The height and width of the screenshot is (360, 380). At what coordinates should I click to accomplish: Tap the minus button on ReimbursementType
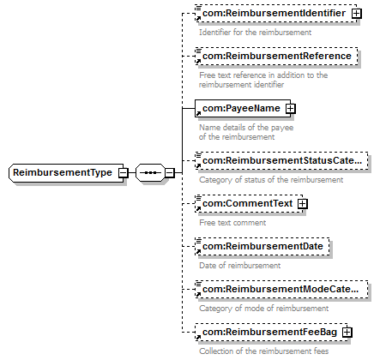point(124,172)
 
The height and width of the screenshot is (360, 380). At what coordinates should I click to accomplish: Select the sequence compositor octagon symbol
point(150,172)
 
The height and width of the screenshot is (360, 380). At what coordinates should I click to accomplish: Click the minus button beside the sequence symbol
point(170,172)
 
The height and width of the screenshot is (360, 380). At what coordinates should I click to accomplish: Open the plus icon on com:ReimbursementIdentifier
point(356,14)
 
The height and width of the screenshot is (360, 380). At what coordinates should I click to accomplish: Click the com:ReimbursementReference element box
point(276,56)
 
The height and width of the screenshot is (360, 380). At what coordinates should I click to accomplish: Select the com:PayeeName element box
point(243,108)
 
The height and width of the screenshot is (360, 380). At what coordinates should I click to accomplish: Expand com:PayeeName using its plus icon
point(290,109)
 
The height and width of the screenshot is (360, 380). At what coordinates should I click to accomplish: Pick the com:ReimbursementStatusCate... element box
point(281,160)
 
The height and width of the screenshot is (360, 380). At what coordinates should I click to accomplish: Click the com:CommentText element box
point(249,203)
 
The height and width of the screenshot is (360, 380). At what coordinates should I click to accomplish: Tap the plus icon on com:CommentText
point(302,204)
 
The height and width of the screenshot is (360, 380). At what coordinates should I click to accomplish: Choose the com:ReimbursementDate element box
point(262,246)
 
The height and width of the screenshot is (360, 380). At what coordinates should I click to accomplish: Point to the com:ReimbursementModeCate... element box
point(281,289)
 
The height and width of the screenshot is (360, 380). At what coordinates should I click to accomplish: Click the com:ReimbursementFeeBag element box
point(271,332)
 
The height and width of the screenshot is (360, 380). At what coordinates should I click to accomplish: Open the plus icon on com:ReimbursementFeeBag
point(347,333)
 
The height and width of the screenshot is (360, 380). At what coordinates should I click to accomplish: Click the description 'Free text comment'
point(232,223)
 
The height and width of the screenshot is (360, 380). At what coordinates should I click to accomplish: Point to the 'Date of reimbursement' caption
point(239,266)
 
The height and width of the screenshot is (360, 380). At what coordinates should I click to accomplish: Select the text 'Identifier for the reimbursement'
point(255,33)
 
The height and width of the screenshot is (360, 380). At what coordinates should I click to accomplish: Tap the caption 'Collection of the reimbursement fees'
point(263,351)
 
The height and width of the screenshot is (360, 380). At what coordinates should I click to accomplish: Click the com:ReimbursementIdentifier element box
point(276,13)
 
